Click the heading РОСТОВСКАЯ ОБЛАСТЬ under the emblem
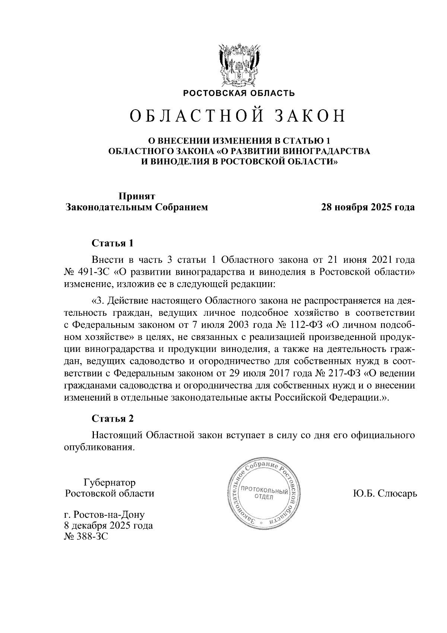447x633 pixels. coord(238,93)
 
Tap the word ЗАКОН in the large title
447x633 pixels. coord(310,116)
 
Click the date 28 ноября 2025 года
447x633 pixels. coord(368,207)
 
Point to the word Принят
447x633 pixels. coord(136,196)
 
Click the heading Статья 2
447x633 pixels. coord(112,418)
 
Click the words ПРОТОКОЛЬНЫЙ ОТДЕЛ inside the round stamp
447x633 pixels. coord(264,494)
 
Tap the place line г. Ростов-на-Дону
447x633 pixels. coord(104,515)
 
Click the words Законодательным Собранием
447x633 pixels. coord(136,207)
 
